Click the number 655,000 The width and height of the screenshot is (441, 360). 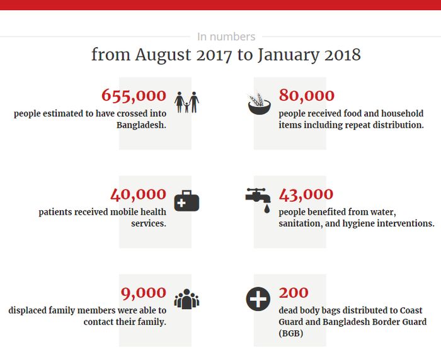click(x=134, y=96)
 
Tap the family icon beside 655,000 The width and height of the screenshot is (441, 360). click(x=186, y=103)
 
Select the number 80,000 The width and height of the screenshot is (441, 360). click(x=307, y=96)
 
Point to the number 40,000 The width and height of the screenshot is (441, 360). click(x=138, y=194)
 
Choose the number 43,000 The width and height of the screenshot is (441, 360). click(x=306, y=194)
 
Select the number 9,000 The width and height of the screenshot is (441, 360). click(x=144, y=293)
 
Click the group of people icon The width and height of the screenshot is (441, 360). click(x=186, y=299)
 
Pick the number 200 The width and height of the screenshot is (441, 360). click(x=294, y=293)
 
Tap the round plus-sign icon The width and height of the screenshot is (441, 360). click(x=258, y=300)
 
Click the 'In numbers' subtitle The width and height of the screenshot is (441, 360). click(x=226, y=37)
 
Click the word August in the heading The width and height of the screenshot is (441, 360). click(x=163, y=55)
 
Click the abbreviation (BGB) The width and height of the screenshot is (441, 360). click(x=291, y=334)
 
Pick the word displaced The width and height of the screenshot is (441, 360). click(x=29, y=310)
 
